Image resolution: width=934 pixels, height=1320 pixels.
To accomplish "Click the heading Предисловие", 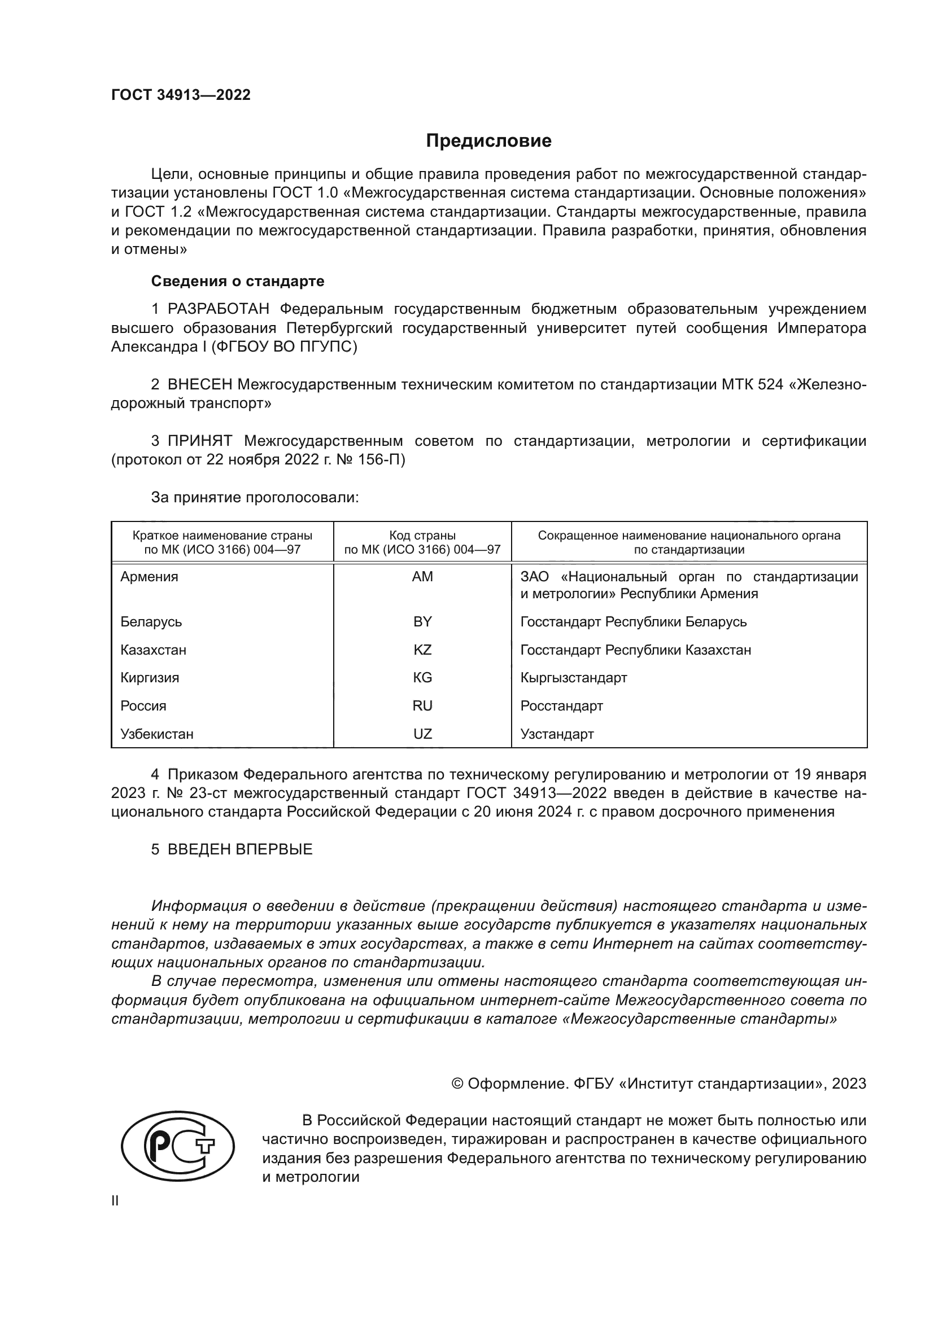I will click(x=488, y=141).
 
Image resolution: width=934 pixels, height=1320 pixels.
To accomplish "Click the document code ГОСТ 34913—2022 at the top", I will click(x=181, y=95).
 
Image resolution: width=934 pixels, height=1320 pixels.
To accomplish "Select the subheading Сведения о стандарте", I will click(x=238, y=281).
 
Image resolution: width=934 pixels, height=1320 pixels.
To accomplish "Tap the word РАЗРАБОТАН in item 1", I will click(x=218, y=309).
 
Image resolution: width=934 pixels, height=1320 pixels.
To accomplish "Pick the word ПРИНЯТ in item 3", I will click(x=199, y=441).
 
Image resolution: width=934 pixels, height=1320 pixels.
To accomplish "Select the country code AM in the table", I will click(x=422, y=577).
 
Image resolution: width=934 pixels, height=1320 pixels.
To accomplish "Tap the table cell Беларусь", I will click(x=151, y=621).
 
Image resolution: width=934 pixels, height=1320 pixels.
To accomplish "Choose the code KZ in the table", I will click(x=422, y=650).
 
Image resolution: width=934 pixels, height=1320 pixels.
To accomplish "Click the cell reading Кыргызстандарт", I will click(x=573, y=677).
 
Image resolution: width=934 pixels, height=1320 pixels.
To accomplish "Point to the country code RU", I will click(x=422, y=705).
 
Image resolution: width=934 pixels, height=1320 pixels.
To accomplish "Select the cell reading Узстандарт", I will click(x=557, y=734).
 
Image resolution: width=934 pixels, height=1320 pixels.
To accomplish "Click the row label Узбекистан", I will click(x=157, y=734).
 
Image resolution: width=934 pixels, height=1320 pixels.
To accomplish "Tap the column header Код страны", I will click(x=422, y=535).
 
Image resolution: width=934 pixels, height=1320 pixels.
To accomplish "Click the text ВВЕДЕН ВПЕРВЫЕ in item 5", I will click(x=240, y=849).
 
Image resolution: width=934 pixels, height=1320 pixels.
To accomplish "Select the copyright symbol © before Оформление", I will click(x=457, y=1084).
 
